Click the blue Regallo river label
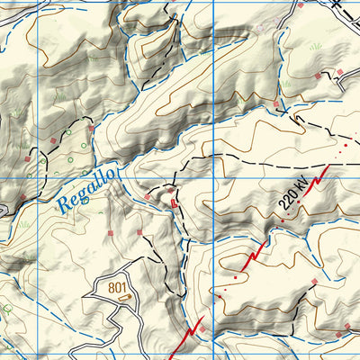[87, 190]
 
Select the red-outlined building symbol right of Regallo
[175, 204]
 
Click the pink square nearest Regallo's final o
[147, 195]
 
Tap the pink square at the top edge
[299, 4]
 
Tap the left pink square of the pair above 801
[110, 233]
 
